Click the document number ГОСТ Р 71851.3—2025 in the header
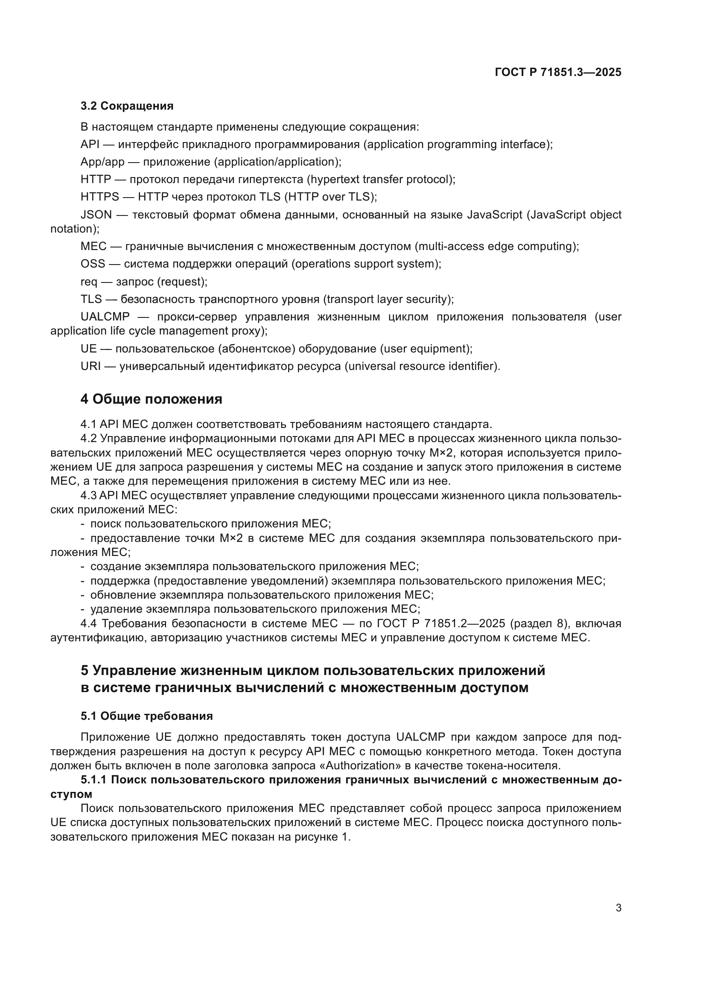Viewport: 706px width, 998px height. [x=558, y=72]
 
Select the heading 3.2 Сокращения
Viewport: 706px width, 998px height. [x=127, y=106]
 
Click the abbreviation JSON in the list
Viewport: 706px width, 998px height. [x=96, y=215]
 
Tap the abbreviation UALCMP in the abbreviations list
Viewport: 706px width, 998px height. [x=105, y=317]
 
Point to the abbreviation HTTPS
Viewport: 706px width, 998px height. [x=99, y=197]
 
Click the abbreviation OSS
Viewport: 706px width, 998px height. [x=93, y=264]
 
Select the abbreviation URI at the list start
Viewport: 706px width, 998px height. [x=90, y=367]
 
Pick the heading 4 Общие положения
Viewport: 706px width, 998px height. [x=151, y=399]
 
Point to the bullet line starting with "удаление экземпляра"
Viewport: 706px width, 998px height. [x=255, y=609]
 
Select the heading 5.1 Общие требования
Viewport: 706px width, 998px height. [x=146, y=716]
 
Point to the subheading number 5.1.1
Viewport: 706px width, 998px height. [x=93, y=780]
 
